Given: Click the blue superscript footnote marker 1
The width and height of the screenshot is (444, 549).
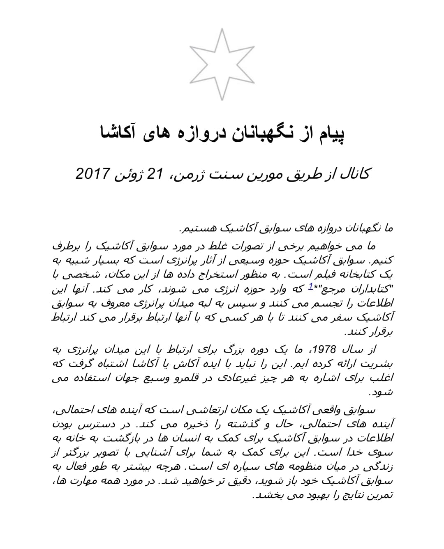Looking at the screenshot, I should point(311,286).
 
